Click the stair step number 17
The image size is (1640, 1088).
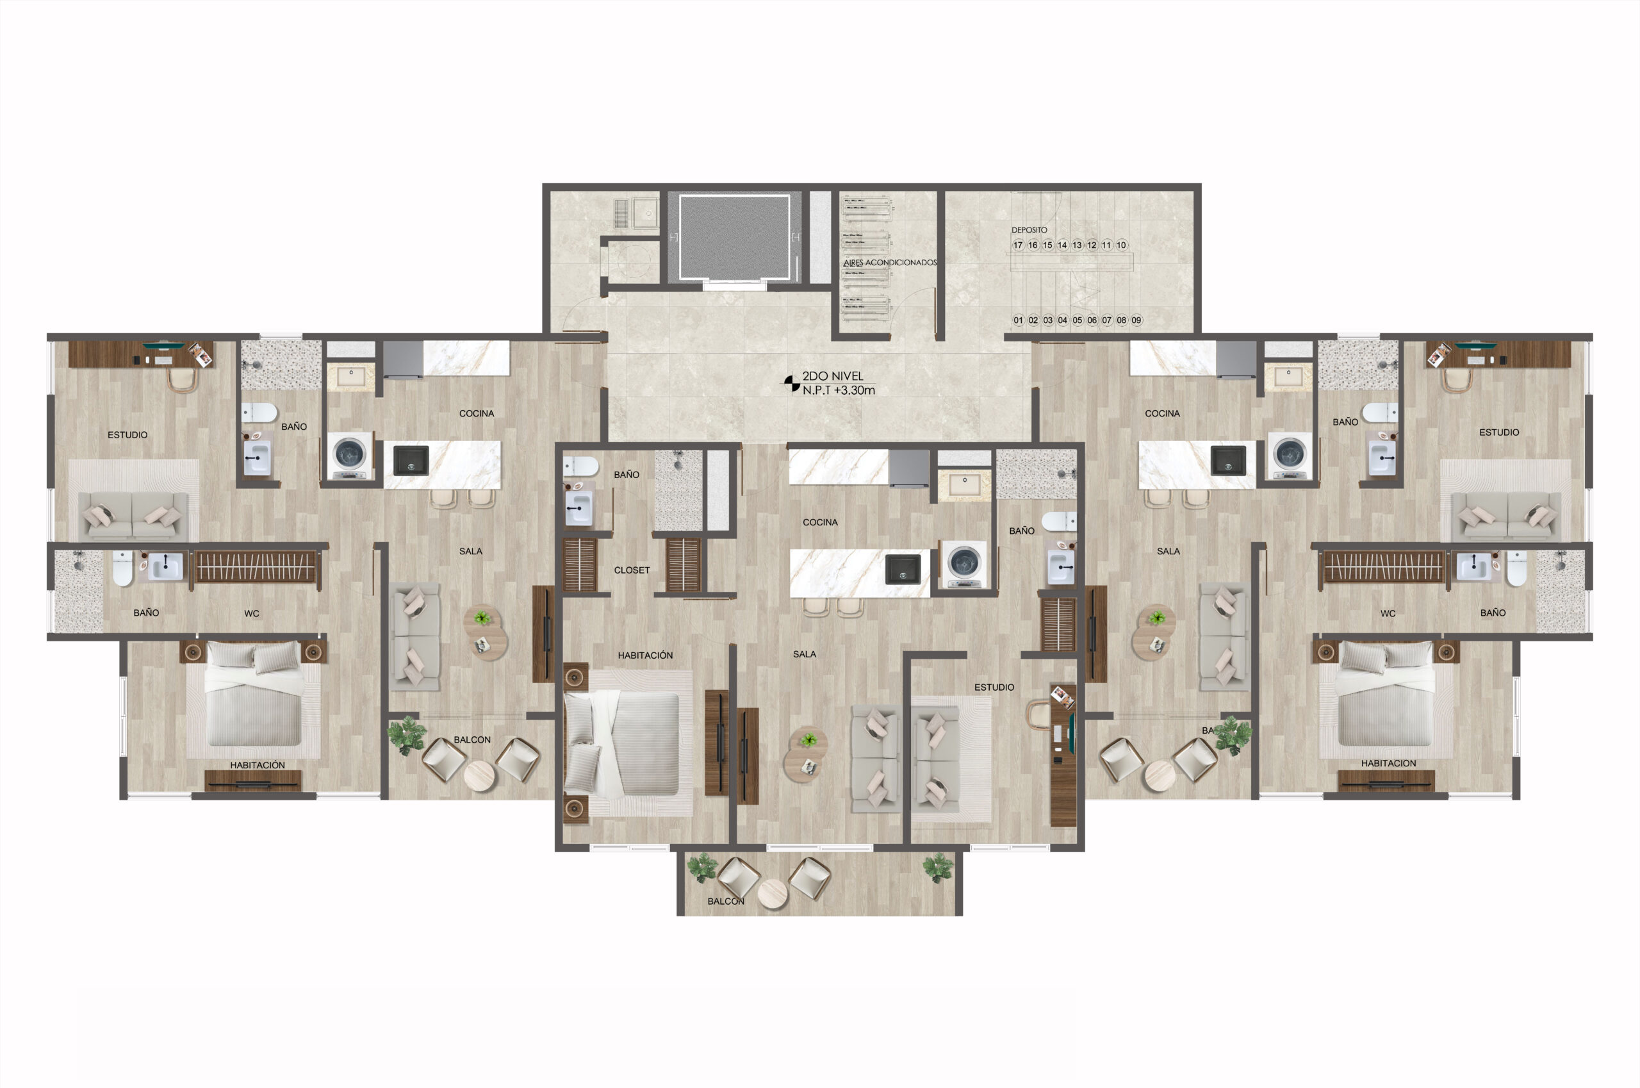(1018, 245)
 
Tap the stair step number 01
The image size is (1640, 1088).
(1018, 320)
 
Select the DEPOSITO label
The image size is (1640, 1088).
(1029, 229)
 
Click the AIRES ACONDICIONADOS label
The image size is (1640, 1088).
(890, 262)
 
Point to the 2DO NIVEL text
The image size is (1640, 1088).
(832, 376)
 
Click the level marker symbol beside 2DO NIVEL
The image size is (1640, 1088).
(792, 383)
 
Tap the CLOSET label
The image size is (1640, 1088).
(631, 570)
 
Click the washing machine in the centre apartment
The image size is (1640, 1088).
(964, 563)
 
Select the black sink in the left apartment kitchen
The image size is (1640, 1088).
(411, 461)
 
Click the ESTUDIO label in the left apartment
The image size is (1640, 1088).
(127, 435)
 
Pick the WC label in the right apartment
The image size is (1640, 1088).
(1388, 613)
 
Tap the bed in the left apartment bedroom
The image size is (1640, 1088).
(254, 694)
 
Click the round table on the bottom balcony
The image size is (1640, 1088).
(772, 894)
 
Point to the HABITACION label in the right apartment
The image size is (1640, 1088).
(1388, 763)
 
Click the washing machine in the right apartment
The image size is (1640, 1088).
(1290, 455)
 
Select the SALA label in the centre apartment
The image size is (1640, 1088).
(804, 654)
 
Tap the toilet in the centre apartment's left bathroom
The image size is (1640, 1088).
(580, 466)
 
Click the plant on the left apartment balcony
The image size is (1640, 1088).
(407, 735)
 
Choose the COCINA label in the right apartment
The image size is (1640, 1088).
(1162, 413)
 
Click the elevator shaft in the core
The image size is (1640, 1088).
(734, 237)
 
